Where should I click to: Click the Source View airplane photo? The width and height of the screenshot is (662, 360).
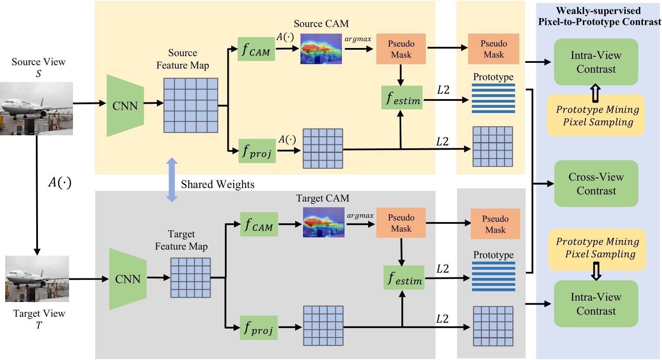[x=36, y=108]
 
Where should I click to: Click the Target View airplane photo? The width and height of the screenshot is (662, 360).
[x=37, y=278]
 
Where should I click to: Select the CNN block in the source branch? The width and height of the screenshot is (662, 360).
[x=125, y=106]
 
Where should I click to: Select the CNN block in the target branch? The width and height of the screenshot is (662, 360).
[x=128, y=279]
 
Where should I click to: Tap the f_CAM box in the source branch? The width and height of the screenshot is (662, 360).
[x=256, y=49]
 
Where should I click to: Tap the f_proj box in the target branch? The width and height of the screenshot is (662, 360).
[x=259, y=328]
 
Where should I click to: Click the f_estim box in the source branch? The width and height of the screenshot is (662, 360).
[x=402, y=97]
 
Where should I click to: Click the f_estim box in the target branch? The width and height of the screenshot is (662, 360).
[x=404, y=278]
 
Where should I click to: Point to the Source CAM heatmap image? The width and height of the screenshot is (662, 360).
[x=321, y=49]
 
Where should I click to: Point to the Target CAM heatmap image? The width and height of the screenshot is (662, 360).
[x=324, y=223]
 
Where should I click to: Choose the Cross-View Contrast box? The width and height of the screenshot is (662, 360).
[x=596, y=184]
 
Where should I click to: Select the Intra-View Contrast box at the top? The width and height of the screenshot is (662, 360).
[x=596, y=62]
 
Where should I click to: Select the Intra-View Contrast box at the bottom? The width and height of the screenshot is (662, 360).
[x=596, y=304]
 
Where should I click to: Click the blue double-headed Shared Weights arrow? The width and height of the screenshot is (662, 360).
[x=172, y=180]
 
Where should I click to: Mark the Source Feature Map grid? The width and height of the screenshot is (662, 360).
[x=190, y=105]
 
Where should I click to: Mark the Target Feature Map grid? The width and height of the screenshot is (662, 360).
[x=190, y=278]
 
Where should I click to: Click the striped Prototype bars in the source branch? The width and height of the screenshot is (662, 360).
[x=493, y=99]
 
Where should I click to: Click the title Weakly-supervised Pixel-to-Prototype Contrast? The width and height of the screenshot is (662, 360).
[x=599, y=16]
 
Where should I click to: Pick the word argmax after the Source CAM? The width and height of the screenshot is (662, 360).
[x=358, y=39]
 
